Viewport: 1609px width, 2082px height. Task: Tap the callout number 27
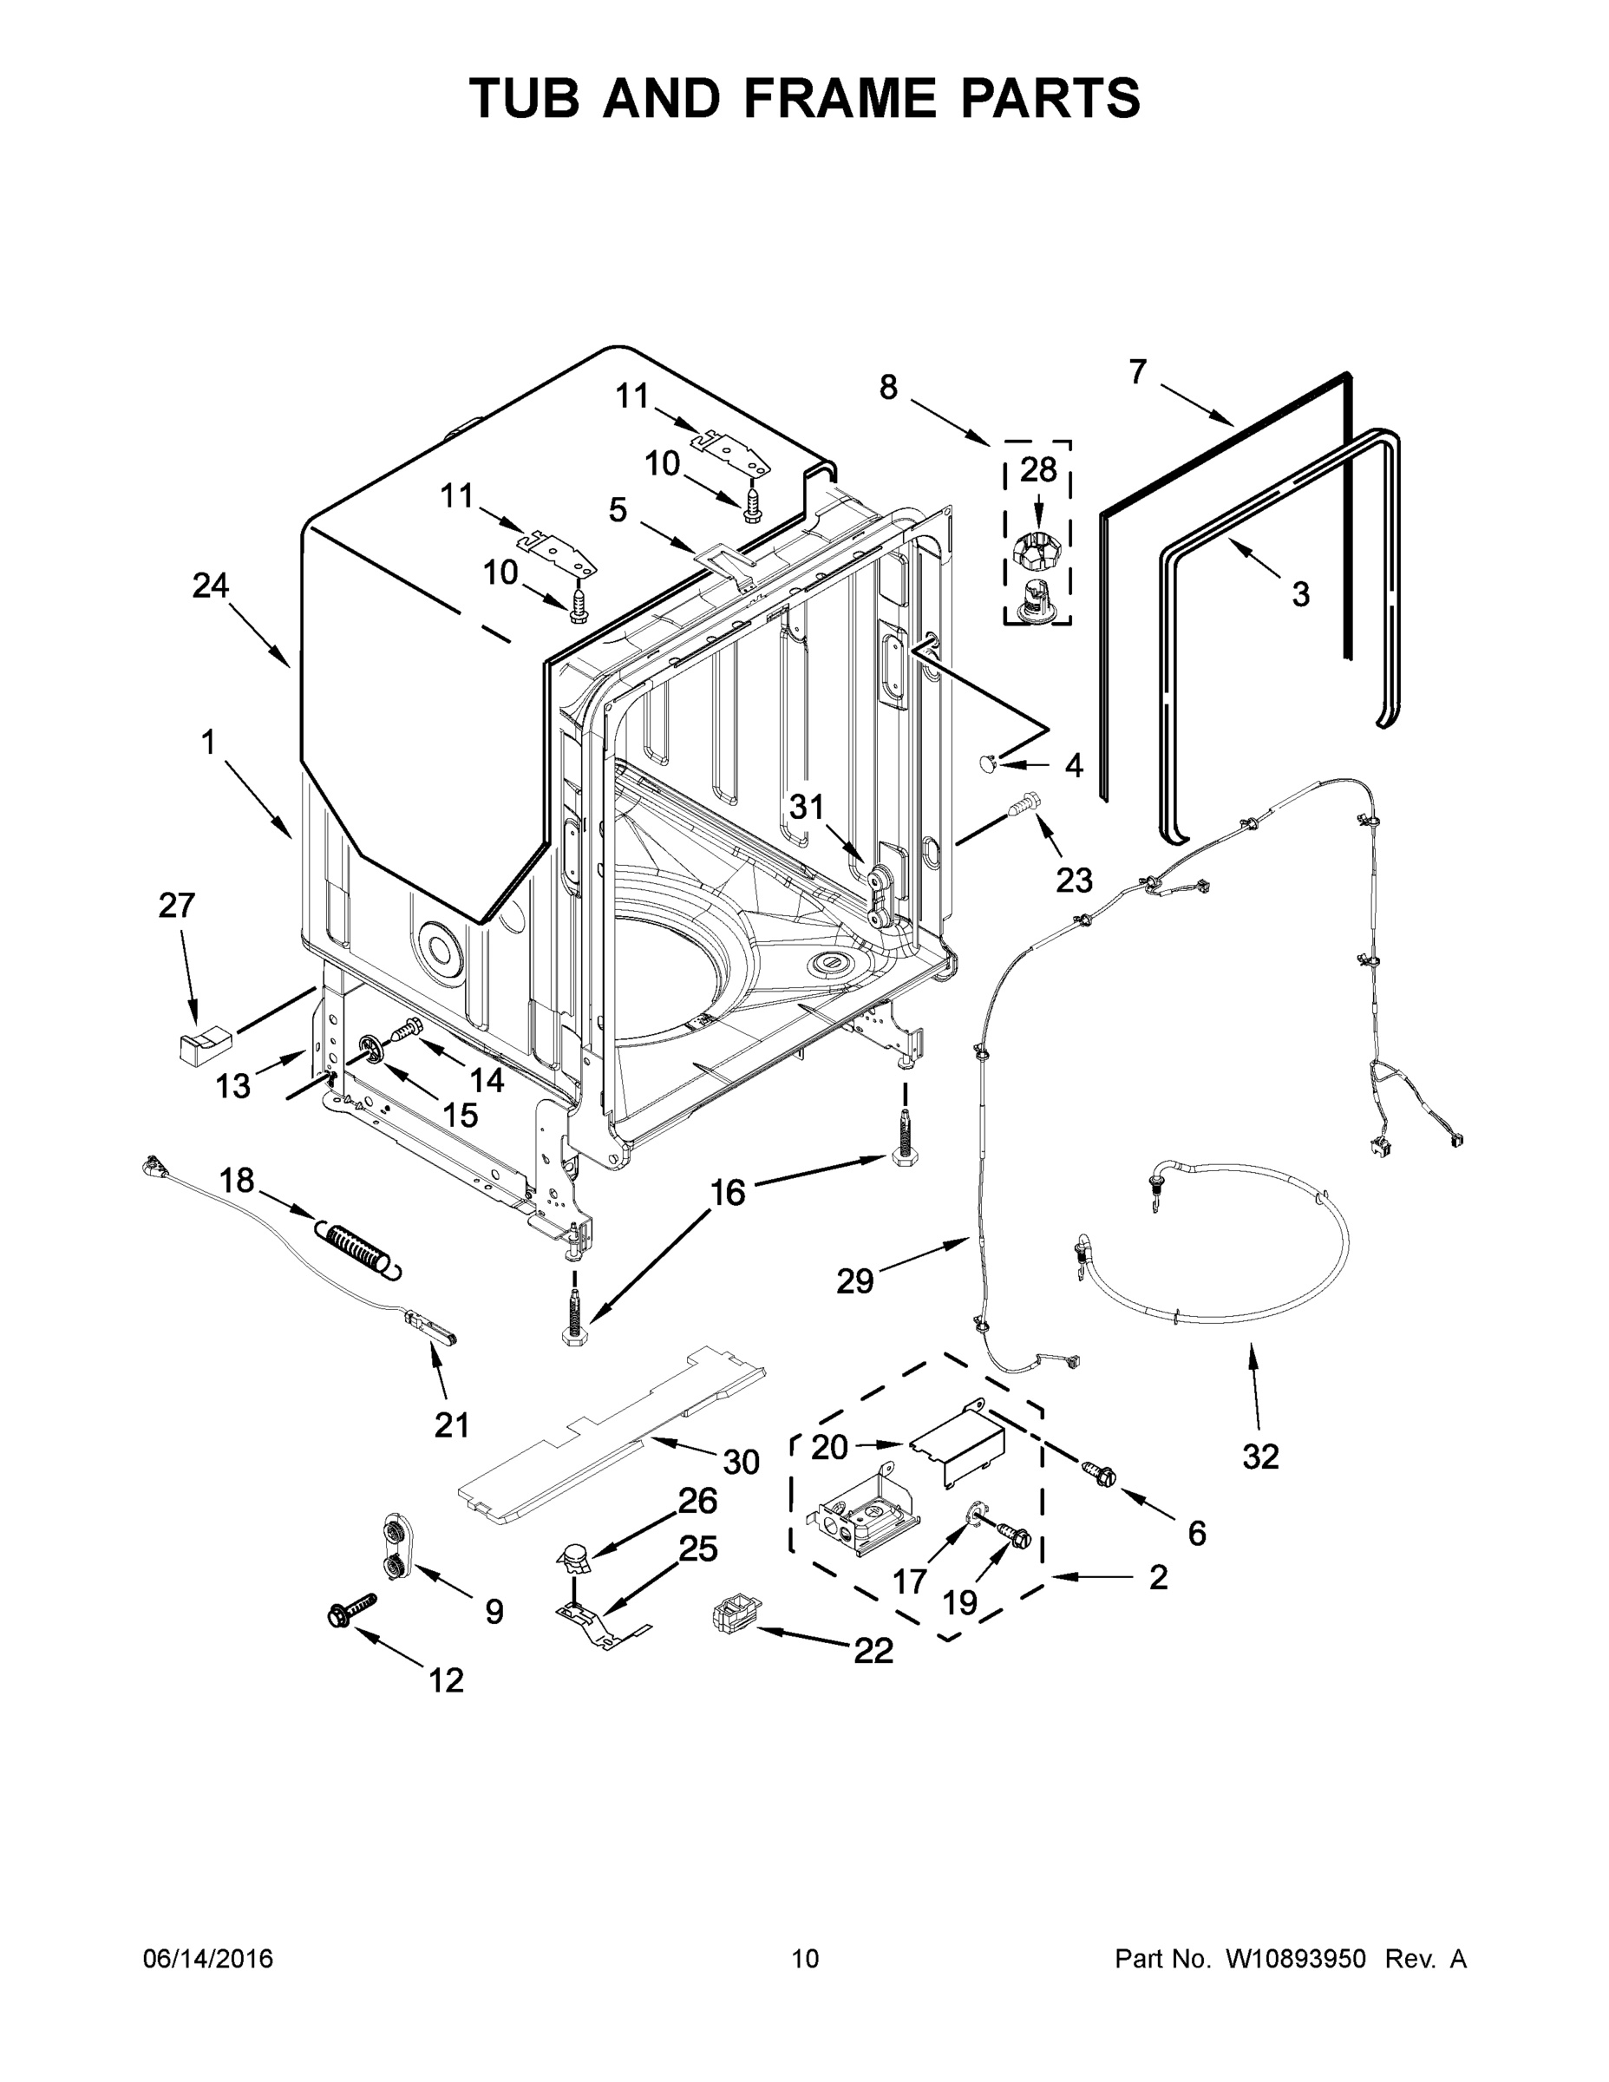[x=176, y=905]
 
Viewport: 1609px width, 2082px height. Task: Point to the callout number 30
[x=741, y=1462]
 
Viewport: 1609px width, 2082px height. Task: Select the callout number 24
[x=211, y=586]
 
